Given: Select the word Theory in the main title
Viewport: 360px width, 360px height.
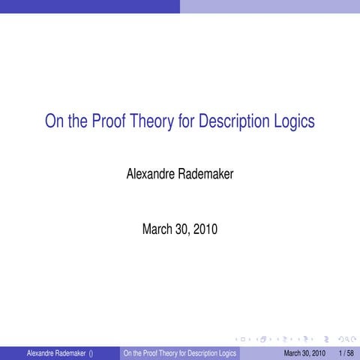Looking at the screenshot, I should (151, 121).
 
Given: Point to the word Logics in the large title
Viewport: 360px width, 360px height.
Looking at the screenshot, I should (294, 121).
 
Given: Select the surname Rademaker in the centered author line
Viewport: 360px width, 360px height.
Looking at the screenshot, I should (205, 175).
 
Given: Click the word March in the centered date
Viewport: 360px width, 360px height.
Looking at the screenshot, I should (157, 229).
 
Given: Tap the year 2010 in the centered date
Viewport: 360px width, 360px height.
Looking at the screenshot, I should (205, 229).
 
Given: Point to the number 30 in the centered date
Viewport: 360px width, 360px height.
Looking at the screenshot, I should (182, 229).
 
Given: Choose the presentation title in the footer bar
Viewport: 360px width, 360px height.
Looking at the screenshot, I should (180, 353).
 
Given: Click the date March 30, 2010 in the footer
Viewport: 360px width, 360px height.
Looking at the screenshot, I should (304, 353).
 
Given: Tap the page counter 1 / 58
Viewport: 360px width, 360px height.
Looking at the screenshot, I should (346, 353).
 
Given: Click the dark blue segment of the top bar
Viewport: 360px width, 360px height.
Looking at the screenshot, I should (90, 6).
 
